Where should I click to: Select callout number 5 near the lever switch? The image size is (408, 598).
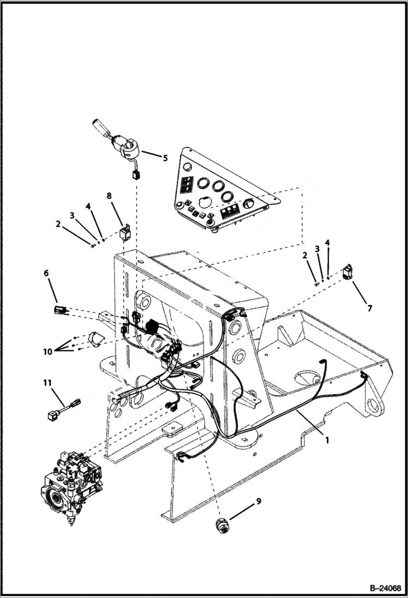[166, 158]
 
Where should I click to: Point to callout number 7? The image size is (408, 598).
[369, 309]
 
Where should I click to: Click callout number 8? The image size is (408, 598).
[109, 195]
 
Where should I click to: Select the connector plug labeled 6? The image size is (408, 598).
[60, 311]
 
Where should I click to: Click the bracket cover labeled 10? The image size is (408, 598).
[93, 339]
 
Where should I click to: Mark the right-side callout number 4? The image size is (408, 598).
[327, 242]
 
